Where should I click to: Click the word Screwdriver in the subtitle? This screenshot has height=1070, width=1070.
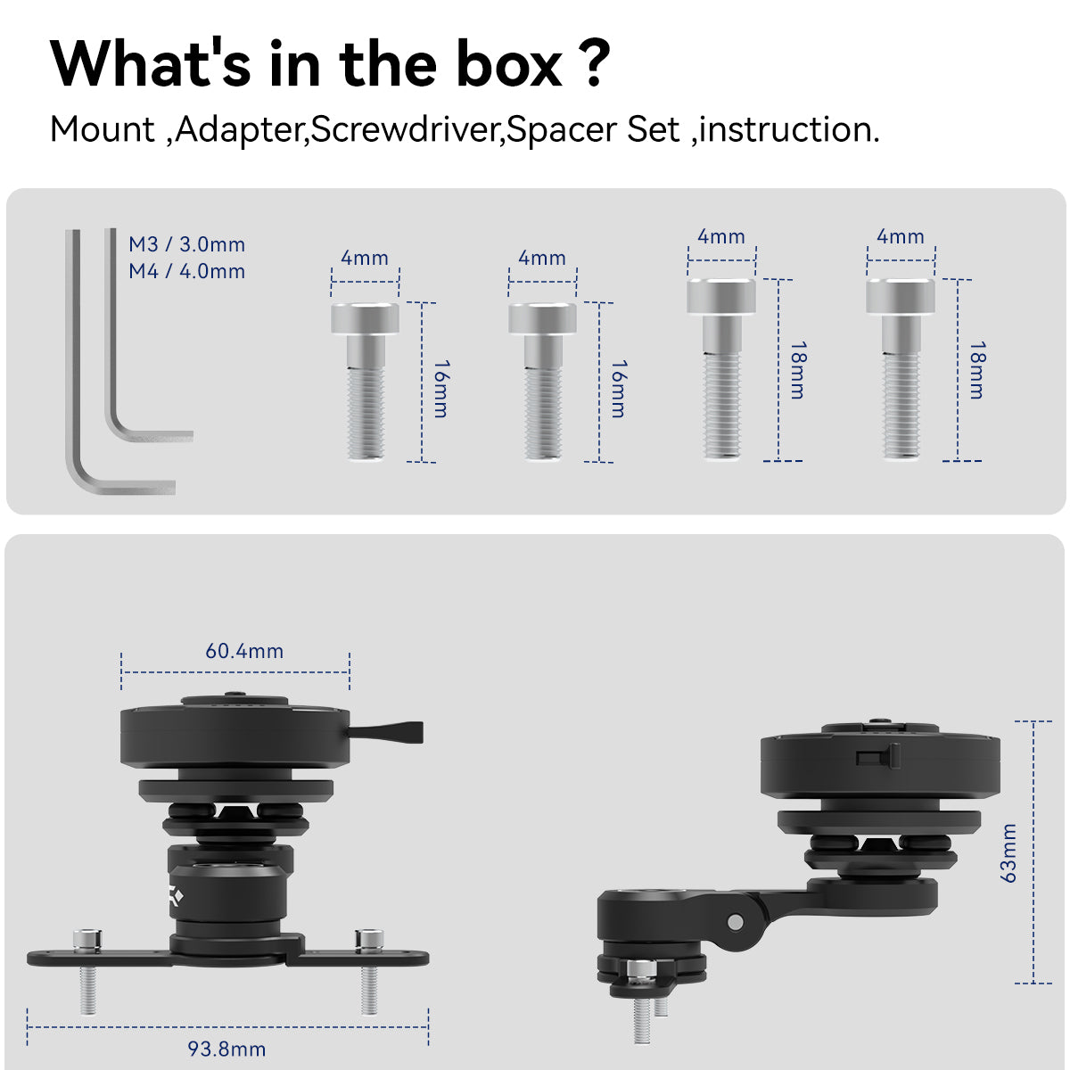tap(404, 129)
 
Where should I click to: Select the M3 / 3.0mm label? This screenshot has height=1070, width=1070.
tap(186, 244)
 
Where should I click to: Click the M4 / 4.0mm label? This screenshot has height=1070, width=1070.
tap(186, 271)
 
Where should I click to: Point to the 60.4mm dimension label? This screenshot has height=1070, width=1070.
tap(244, 651)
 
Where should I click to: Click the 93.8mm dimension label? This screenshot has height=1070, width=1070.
tap(226, 1049)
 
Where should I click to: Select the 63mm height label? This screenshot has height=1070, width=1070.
tap(1008, 853)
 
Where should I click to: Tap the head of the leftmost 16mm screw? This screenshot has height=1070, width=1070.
tap(365, 318)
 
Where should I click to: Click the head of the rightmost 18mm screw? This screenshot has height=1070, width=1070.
tap(900, 296)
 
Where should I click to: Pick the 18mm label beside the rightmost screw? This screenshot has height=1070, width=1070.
tap(977, 370)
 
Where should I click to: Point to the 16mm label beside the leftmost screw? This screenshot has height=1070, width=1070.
tap(440, 389)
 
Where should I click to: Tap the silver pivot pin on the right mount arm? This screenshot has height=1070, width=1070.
tap(735, 922)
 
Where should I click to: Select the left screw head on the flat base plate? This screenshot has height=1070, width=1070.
tap(87, 939)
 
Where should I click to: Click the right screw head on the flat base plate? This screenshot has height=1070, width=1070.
tap(368, 939)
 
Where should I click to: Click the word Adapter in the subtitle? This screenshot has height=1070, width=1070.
tap(239, 131)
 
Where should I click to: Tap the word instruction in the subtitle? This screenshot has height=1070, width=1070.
tap(789, 129)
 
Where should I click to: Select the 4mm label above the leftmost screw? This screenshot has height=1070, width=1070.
tap(365, 258)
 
